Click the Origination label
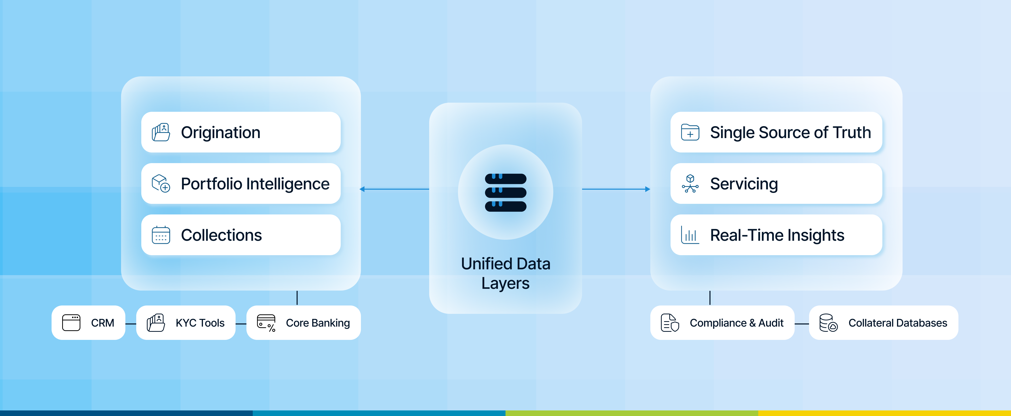click(x=221, y=132)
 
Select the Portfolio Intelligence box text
click(x=255, y=184)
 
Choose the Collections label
click(x=221, y=235)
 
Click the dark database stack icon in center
click(x=505, y=192)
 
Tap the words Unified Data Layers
click(x=505, y=273)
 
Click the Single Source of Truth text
click(x=790, y=132)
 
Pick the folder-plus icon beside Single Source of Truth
click(x=690, y=132)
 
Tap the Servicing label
click(x=744, y=184)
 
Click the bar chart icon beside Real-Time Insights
click(x=690, y=235)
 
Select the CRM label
click(x=102, y=323)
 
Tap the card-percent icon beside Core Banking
click(x=266, y=323)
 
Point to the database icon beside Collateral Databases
click(x=828, y=323)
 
